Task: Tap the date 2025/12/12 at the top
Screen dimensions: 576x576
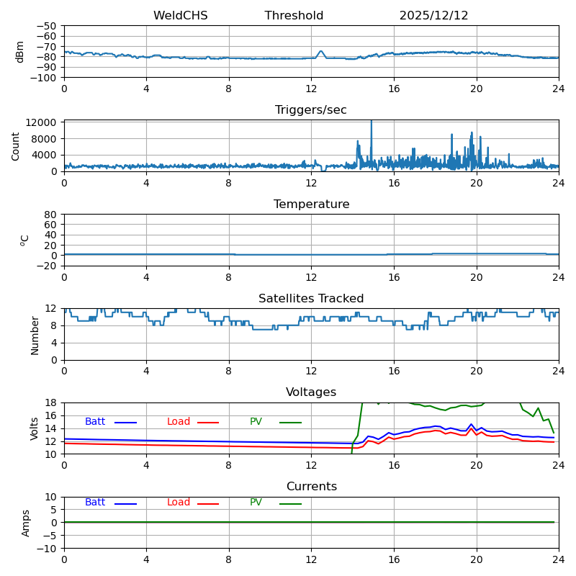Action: click(x=433, y=16)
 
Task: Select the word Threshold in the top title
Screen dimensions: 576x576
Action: click(x=294, y=16)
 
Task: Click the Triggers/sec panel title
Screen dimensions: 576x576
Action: click(x=311, y=110)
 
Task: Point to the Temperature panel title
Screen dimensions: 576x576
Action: click(x=311, y=204)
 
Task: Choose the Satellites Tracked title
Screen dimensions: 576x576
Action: click(x=311, y=299)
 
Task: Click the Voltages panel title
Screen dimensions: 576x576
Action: click(x=311, y=392)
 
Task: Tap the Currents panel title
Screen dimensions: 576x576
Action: click(x=311, y=487)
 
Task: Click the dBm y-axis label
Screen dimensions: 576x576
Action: click(x=20, y=52)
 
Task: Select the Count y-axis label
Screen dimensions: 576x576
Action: click(x=16, y=146)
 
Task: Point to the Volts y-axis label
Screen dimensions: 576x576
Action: click(x=35, y=428)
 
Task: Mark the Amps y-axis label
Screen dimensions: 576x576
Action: click(x=26, y=523)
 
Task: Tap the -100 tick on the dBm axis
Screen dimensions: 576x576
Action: click(x=45, y=78)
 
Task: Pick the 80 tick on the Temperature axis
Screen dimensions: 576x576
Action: click(x=51, y=215)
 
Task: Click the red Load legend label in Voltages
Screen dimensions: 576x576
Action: click(x=179, y=422)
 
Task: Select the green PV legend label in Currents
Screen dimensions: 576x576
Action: click(x=256, y=503)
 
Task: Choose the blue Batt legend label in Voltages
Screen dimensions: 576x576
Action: click(x=95, y=422)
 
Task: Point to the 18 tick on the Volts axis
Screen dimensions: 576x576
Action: click(x=51, y=402)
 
